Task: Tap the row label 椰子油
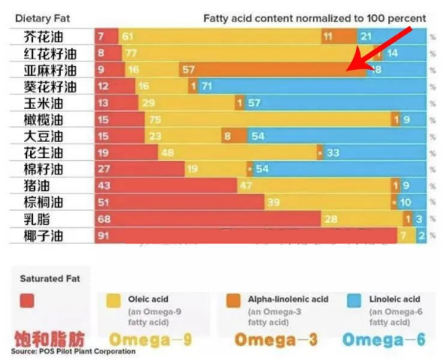click(43, 236)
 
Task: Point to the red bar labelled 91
click(245, 236)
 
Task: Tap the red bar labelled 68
click(208, 219)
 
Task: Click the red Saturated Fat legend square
click(27, 301)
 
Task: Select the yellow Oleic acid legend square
click(113, 301)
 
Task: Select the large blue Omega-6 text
click(383, 340)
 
